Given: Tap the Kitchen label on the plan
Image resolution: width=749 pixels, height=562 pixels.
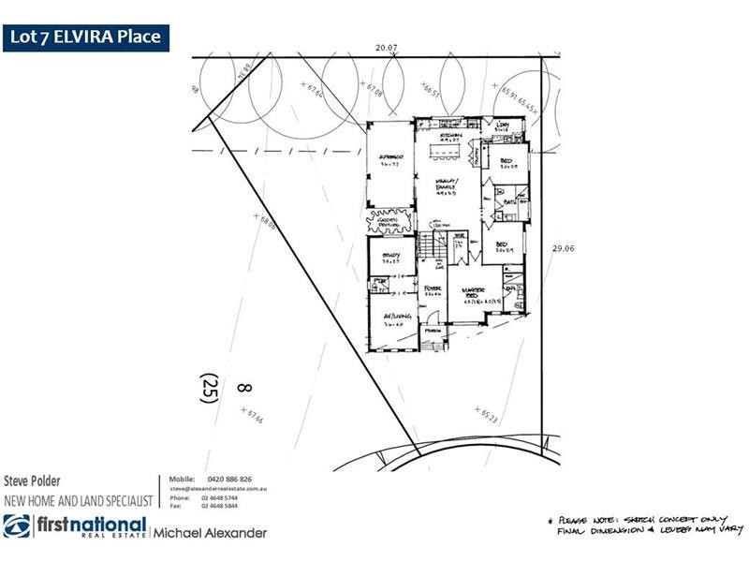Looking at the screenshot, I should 439,136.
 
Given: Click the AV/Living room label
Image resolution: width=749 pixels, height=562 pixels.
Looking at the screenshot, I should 391,321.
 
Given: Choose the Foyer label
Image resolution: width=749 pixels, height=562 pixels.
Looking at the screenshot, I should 432,290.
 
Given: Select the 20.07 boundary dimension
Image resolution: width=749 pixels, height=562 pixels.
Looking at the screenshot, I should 387,46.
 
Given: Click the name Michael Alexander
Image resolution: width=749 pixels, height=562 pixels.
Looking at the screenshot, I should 211,532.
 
